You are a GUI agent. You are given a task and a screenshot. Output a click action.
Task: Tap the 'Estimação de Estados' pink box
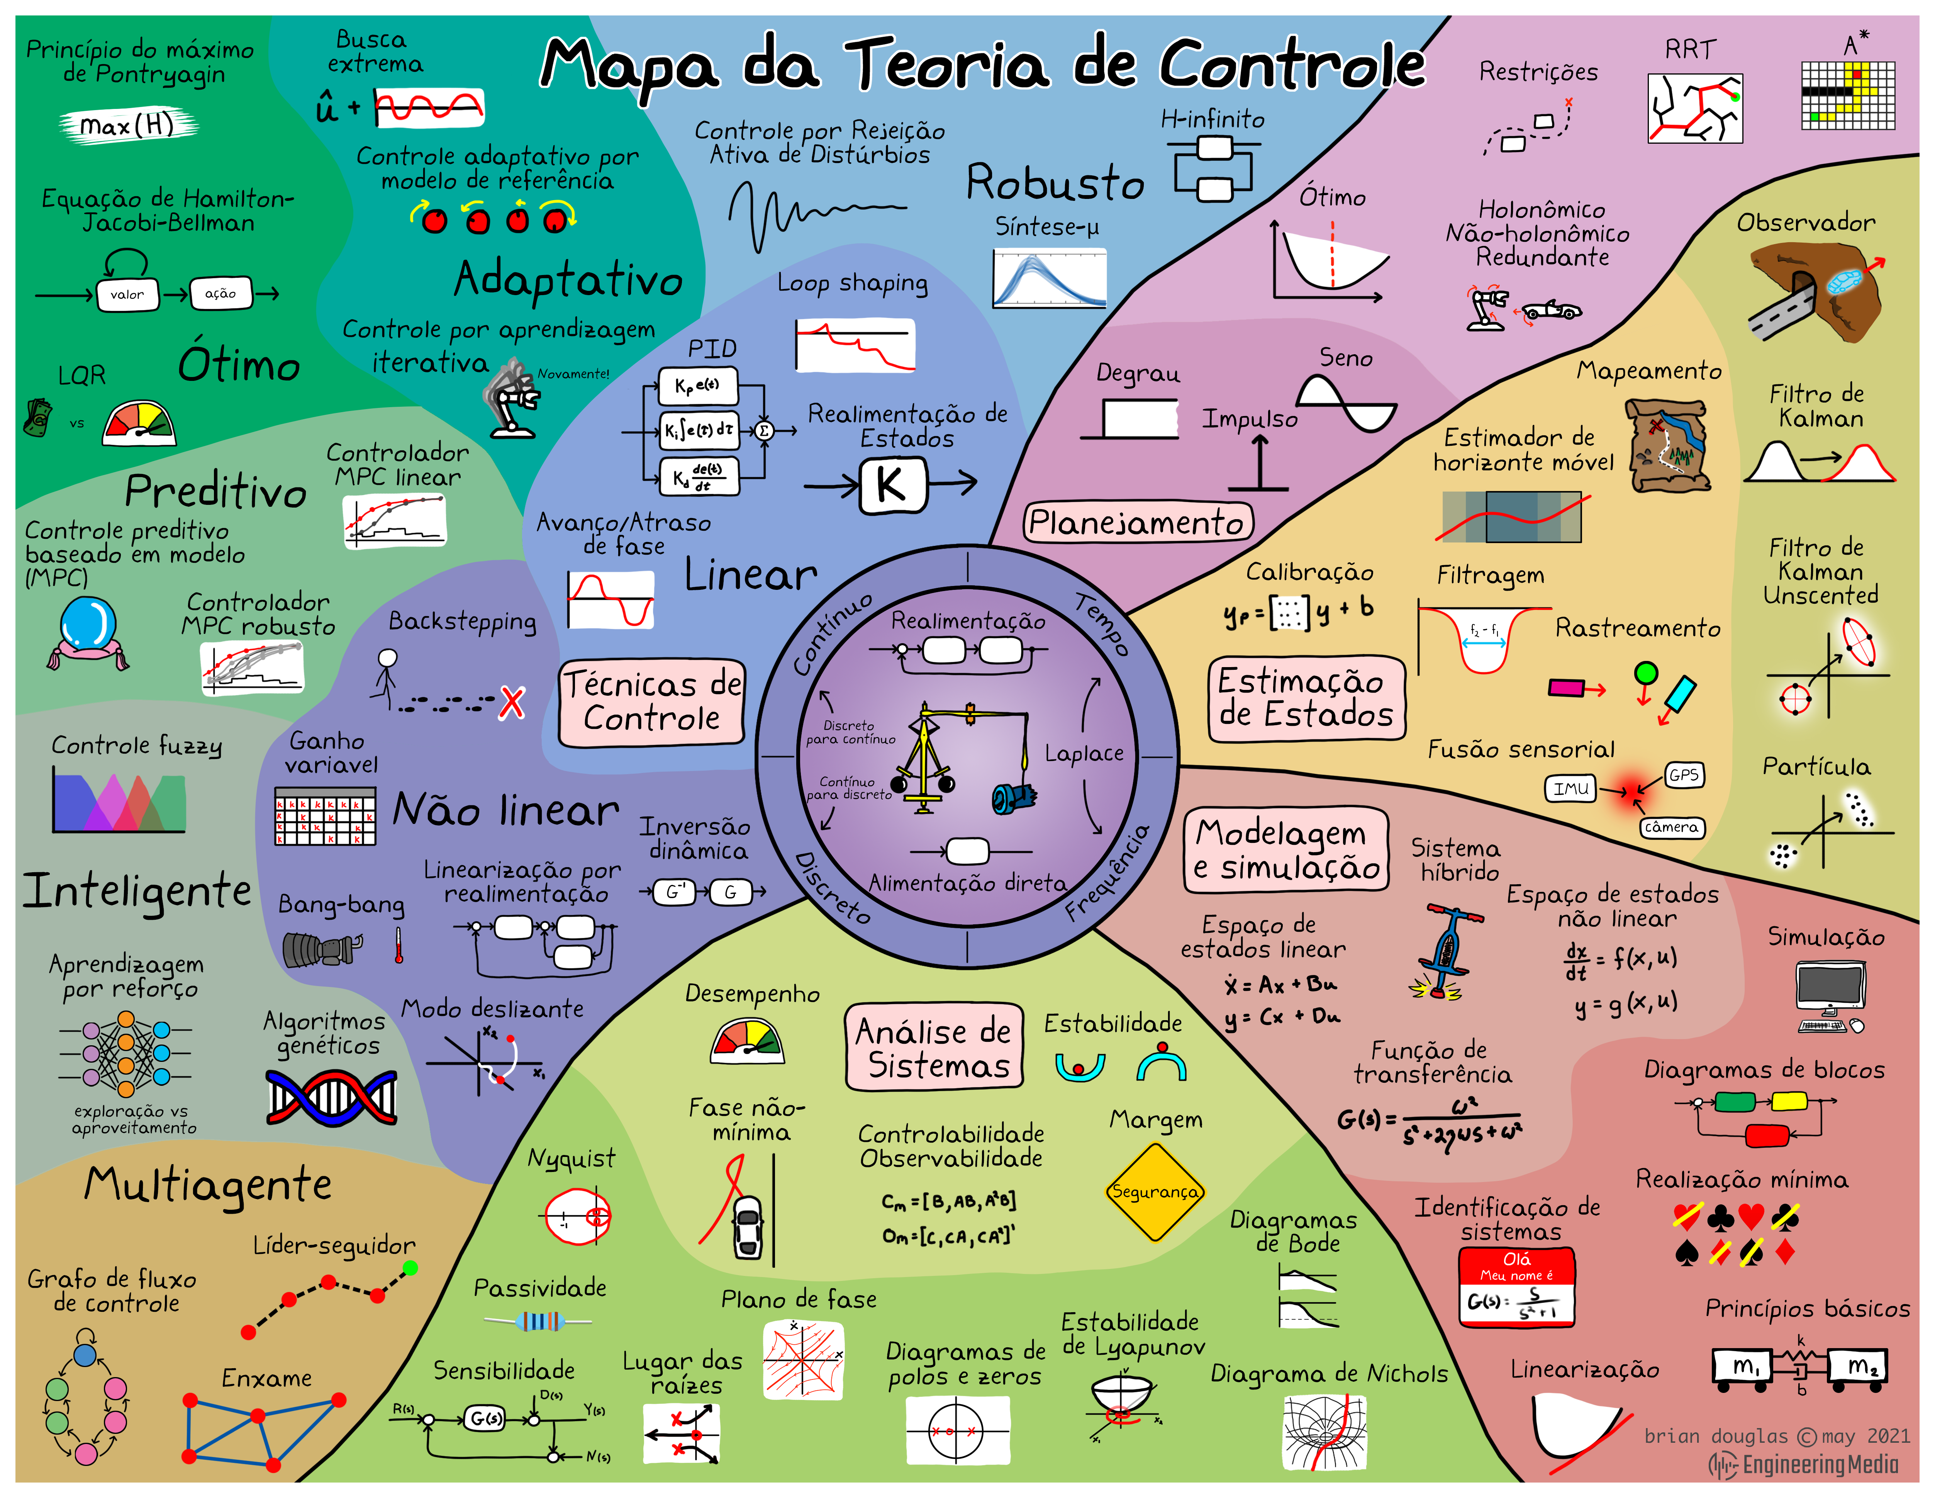click(x=1306, y=698)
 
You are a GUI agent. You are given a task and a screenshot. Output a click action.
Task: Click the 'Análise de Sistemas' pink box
click(x=934, y=1047)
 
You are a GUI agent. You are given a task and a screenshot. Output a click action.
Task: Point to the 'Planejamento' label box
click(x=1138, y=522)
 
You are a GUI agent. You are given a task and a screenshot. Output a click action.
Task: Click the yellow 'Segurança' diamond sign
click(x=1155, y=1192)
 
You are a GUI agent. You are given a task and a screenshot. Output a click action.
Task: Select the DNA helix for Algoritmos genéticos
click(x=331, y=1098)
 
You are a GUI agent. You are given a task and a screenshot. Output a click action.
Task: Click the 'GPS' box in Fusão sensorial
click(x=1683, y=775)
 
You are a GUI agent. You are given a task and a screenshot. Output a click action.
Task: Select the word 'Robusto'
click(x=1054, y=183)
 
